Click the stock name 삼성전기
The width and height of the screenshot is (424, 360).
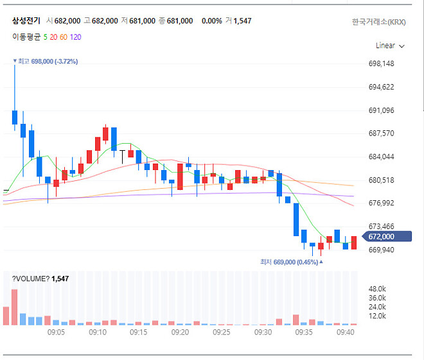(x=26, y=21)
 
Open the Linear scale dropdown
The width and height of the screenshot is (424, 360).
(x=390, y=46)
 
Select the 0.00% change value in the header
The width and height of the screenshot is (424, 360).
(x=211, y=21)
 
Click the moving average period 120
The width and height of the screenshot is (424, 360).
(x=75, y=37)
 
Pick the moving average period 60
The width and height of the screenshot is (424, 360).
(x=63, y=37)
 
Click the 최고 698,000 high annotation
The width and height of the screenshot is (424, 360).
(x=45, y=61)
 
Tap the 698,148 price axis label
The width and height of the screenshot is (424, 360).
(x=381, y=64)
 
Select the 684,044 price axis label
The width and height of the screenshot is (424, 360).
(x=381, y=157)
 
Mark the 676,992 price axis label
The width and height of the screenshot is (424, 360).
(x=381, y=203)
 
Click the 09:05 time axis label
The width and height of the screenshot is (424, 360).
(x=57, y=332)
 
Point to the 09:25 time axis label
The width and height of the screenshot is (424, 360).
(x=222, y=332)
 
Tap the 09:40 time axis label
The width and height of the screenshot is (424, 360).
(x=346, y=332)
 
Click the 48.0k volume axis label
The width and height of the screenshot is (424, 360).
(x=376, y=289)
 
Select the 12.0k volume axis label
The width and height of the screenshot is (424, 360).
(x=376, y=316)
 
